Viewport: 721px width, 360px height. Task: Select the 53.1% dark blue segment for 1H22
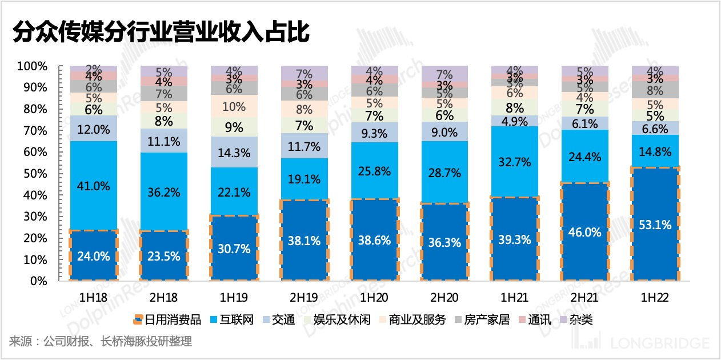click(655, 224)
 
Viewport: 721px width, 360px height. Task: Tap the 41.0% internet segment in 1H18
click(93, 185)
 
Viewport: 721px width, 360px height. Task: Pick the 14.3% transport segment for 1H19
click(234, 152)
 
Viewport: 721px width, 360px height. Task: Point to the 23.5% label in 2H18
click(164, 256)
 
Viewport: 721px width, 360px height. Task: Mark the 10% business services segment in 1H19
click(234, 106)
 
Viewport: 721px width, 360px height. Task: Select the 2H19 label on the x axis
click(304, 298)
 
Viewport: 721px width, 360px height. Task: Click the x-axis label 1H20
click(375, 298)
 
